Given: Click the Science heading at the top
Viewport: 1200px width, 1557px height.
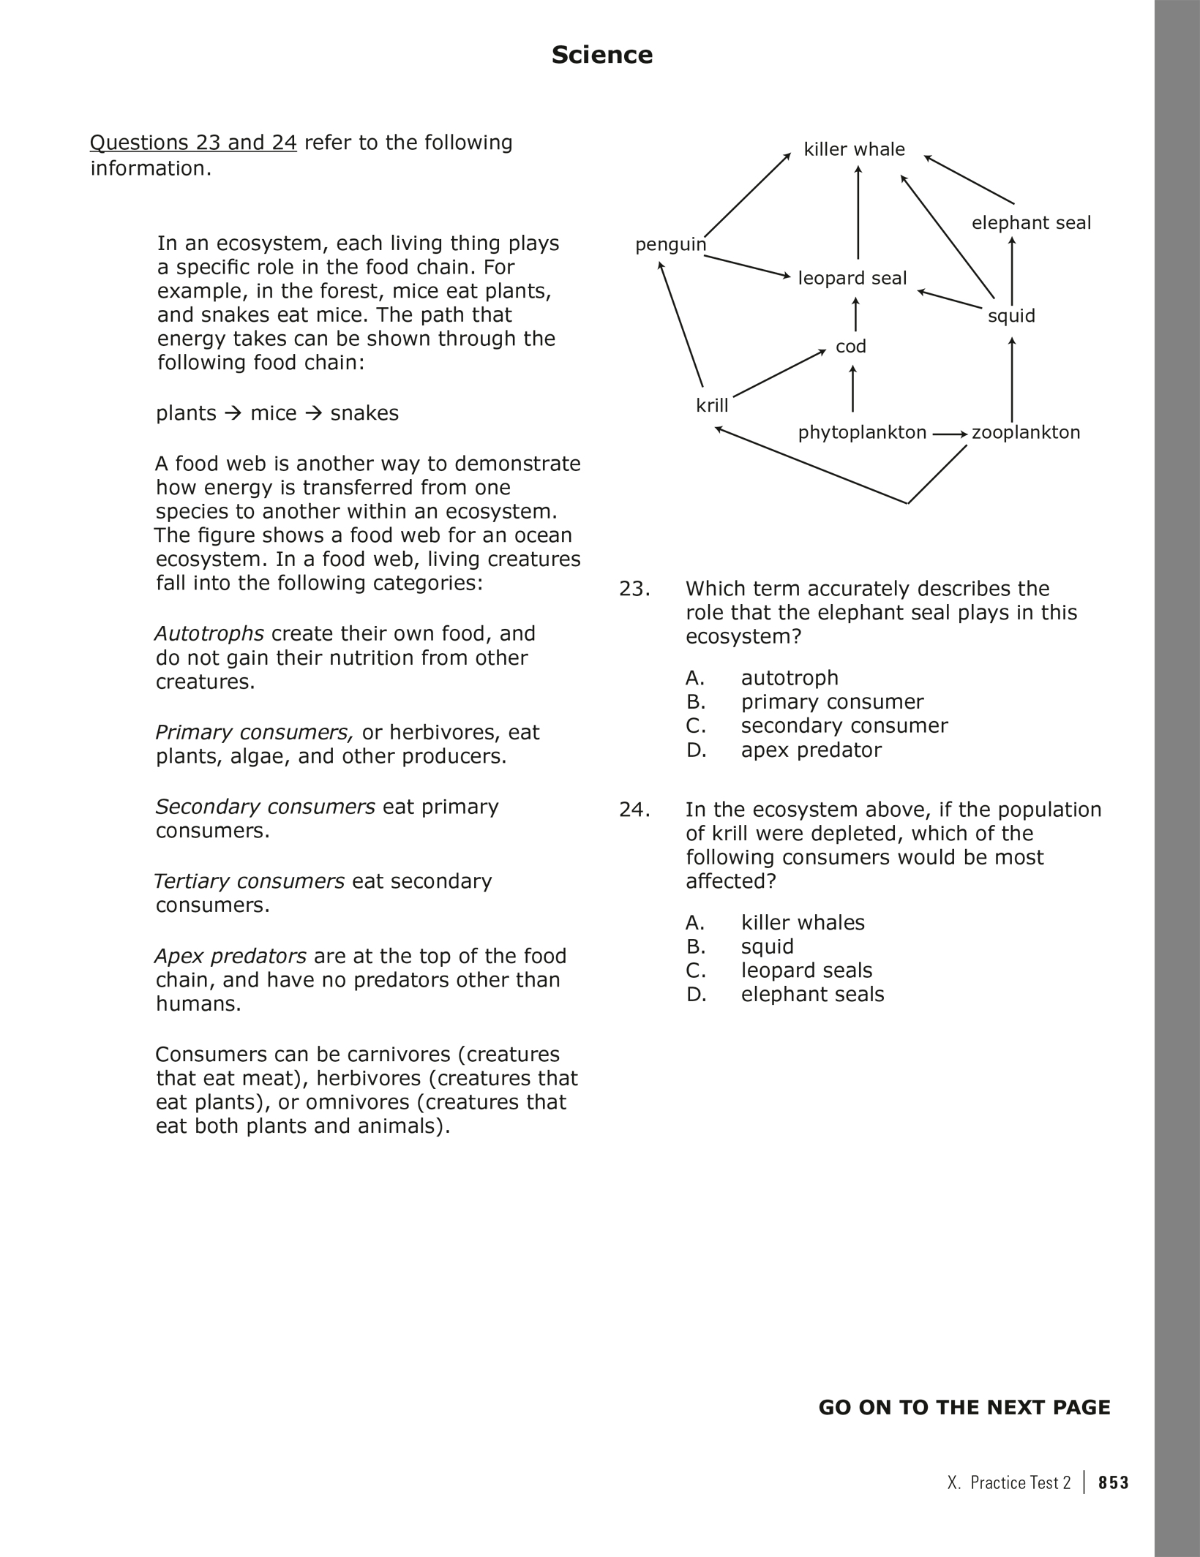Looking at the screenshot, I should coord(601,55).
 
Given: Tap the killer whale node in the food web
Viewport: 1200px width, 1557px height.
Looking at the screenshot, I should coord(854,149).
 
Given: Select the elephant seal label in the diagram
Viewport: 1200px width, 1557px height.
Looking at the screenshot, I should coord(1030,223).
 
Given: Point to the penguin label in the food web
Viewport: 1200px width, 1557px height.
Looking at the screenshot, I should coord(670,244).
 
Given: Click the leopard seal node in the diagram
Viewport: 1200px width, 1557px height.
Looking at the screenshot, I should coord(852,278).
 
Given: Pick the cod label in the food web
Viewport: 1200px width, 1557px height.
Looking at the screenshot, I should coord(850,347).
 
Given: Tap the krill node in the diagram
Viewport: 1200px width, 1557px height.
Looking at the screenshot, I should coord(711,406).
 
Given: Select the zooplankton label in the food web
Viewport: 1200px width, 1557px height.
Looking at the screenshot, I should coord(1025,432).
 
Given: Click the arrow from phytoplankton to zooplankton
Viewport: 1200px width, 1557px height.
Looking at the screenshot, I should coord(950,434).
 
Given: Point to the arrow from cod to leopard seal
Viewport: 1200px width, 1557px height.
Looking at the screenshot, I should coord(855,314).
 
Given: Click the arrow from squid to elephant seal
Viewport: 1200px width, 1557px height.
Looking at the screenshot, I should coord(1012,271).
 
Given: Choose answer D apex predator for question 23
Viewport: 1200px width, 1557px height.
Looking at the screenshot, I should coord(811,750).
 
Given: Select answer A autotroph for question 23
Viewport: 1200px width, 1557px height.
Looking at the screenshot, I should coord(789,678).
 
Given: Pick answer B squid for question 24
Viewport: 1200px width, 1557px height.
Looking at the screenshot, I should coord(767,946).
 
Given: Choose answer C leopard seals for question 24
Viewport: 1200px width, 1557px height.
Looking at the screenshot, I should coord(806,970).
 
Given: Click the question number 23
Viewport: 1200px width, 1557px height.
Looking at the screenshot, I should coord(634,589).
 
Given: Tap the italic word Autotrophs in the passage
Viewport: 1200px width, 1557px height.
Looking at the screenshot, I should coord(209,633).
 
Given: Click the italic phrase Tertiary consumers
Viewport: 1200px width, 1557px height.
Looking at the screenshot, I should coord(250,881).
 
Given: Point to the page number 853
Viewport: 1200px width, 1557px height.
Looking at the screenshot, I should coord(1113,1482).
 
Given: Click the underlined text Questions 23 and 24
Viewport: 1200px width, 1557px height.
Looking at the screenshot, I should coord(193,143).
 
